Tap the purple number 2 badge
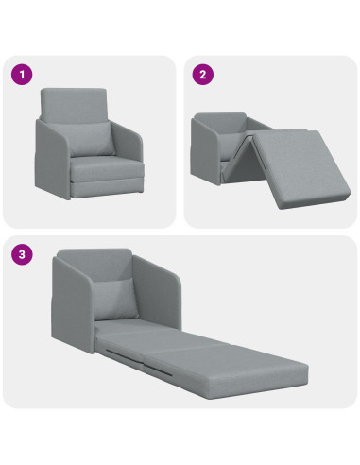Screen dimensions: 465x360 click(203, 74)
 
